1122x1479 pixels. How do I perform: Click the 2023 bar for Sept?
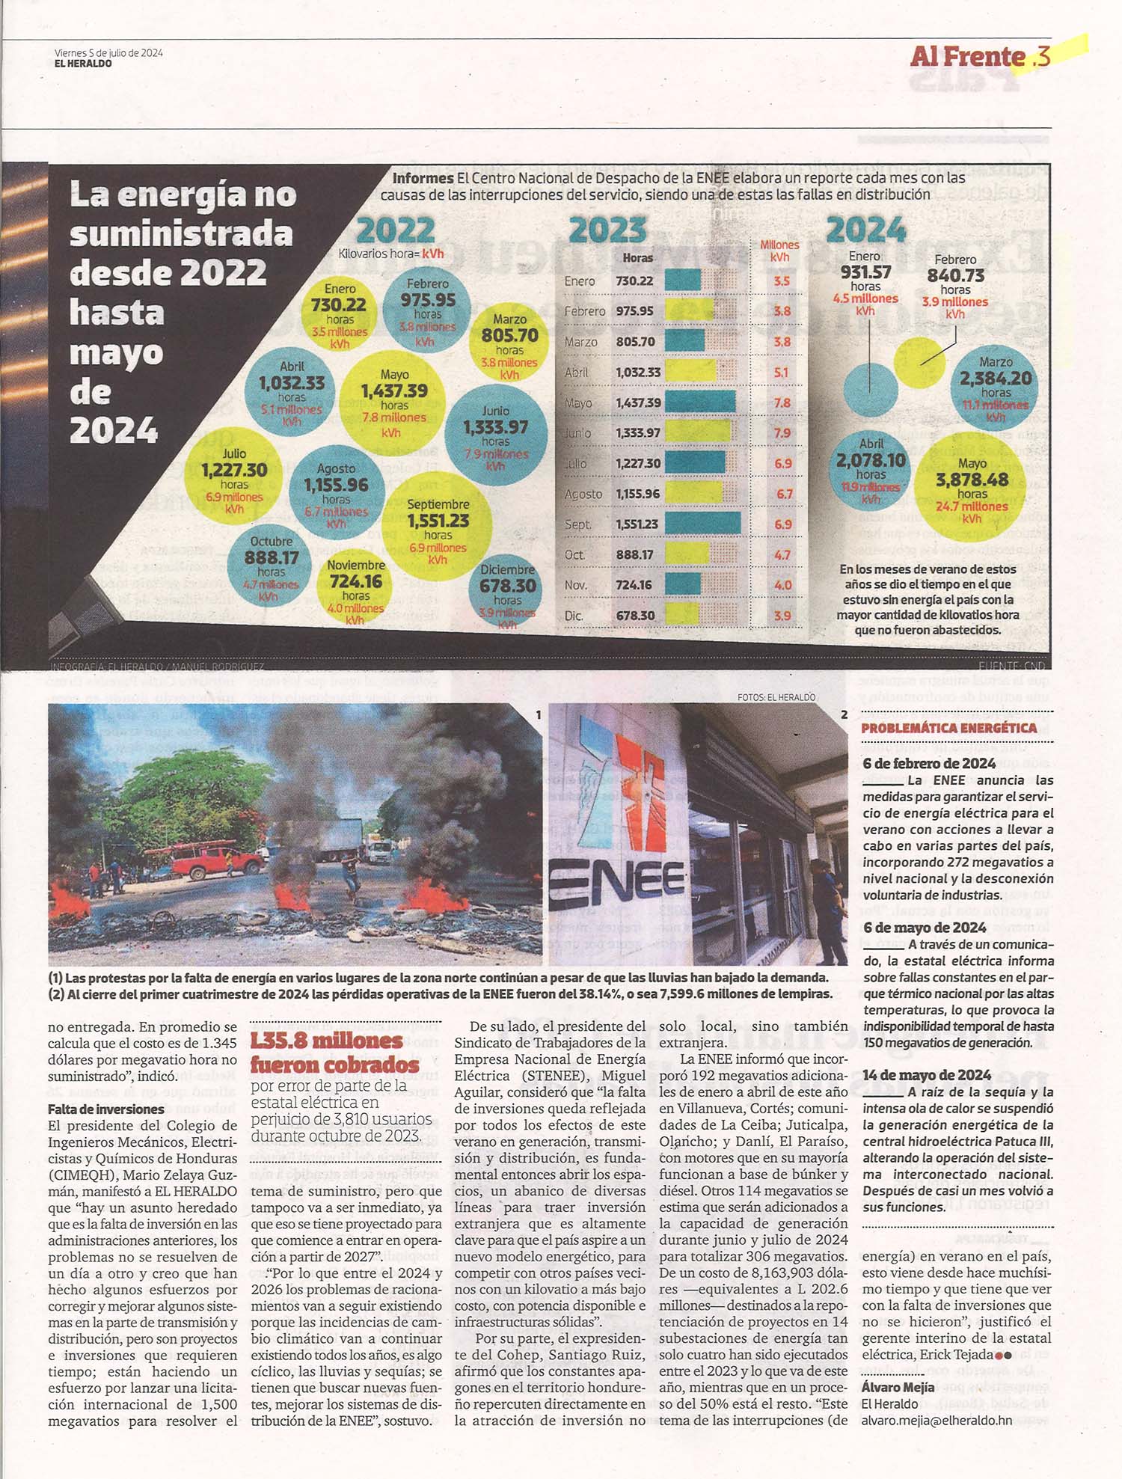(702, 524)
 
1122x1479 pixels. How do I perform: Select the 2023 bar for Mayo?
(699, 402)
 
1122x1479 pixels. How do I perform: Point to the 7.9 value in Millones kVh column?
(782, 433)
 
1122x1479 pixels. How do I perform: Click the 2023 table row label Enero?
(580, 281)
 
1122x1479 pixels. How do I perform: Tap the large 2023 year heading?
(607, 230)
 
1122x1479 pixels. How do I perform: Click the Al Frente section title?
(967, 56)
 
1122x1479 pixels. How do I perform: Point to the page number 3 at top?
(1044, 57)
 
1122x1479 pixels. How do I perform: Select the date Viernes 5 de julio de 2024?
(108, 52)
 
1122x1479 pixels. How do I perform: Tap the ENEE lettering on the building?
(618, 883)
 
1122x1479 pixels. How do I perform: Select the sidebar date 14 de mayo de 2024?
(927, 1075)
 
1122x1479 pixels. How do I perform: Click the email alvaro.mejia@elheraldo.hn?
(936, 1420)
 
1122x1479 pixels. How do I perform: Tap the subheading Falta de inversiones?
(105, 1109)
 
